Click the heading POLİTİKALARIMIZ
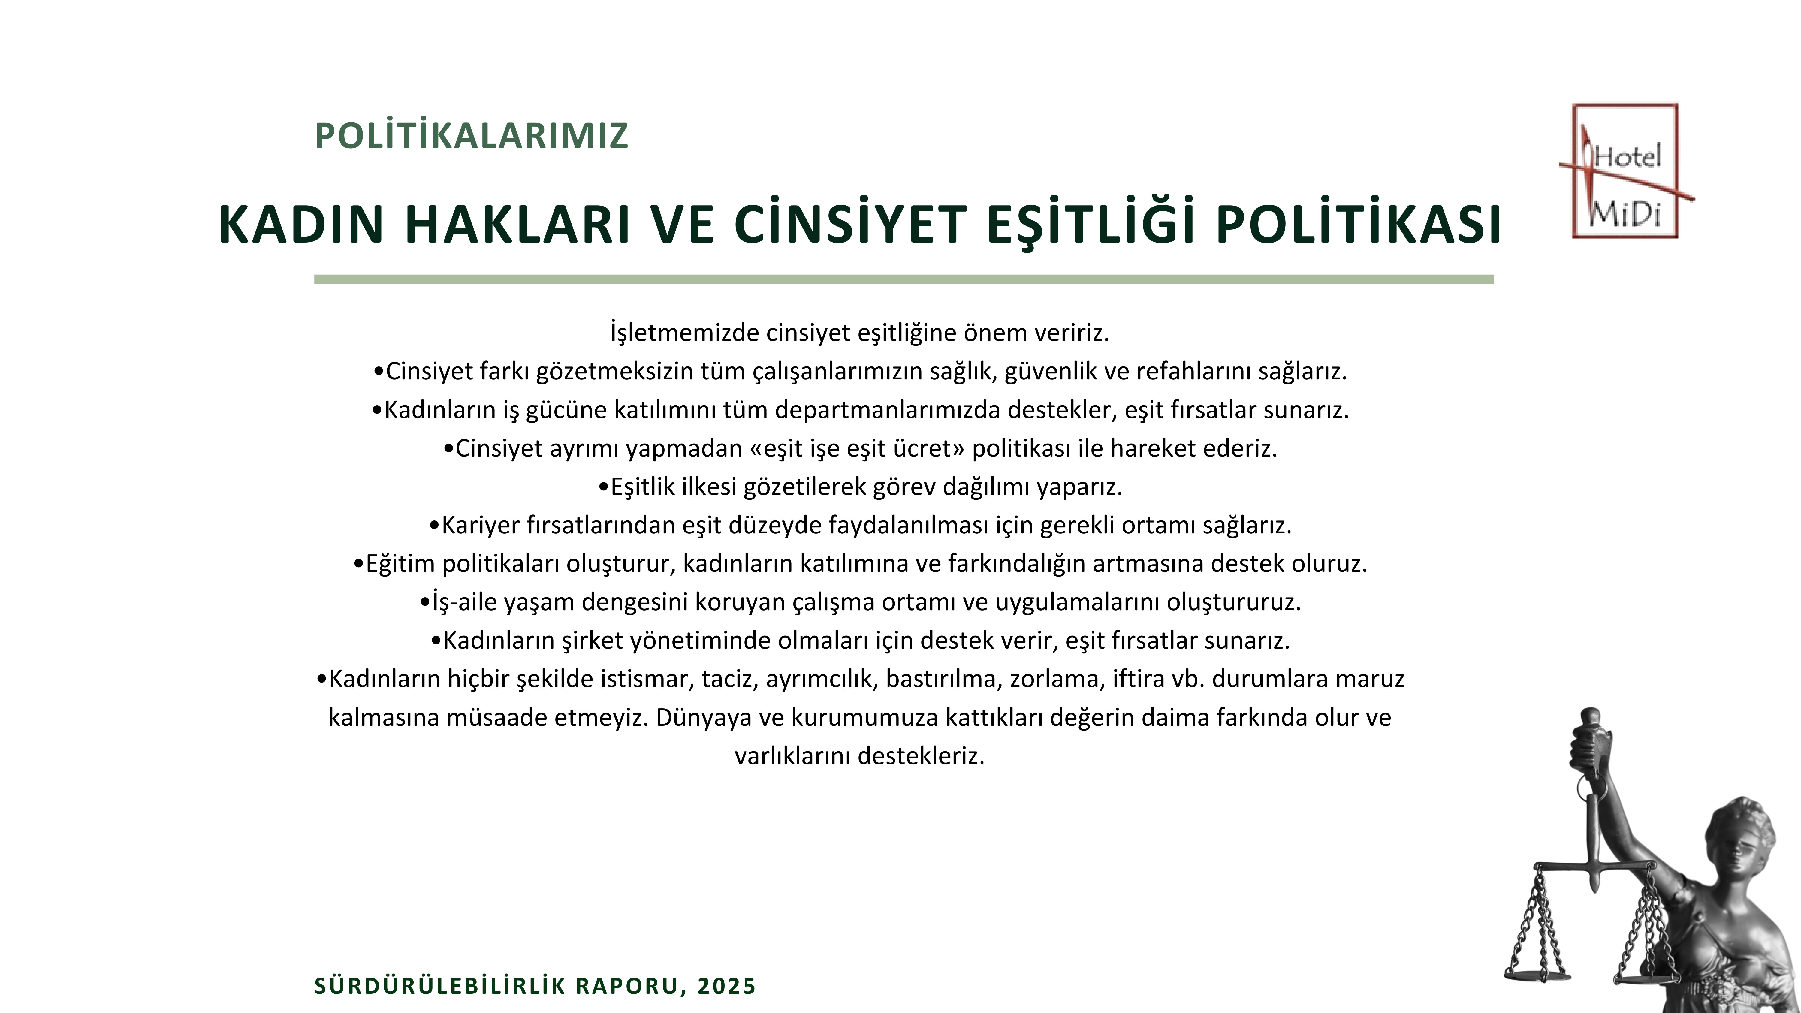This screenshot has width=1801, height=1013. (472, 136)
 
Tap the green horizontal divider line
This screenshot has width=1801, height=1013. (904, 279)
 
